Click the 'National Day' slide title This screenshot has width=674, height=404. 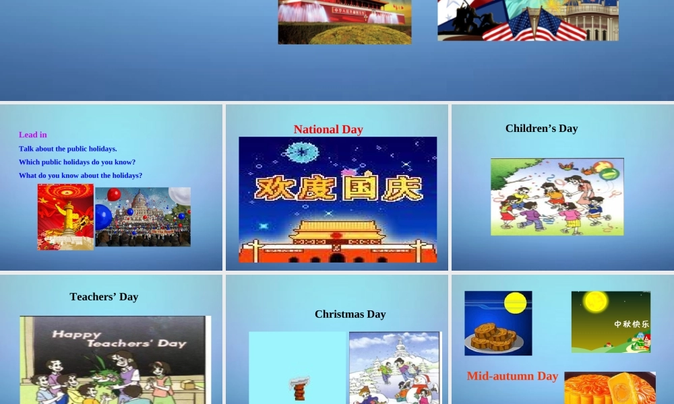tap(328, 129)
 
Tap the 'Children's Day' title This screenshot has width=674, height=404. tap(541, 128)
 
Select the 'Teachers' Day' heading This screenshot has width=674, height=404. tap(104, 296)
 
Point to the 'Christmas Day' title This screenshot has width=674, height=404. tap(350, 314)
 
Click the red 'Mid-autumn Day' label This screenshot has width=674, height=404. tap(512, 376)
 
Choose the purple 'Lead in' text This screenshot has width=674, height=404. tap(33, 135)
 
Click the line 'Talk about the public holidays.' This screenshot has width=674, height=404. tap(68, 149)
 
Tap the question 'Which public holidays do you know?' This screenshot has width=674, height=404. tap(77, 162)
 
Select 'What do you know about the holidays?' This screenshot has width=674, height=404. tap(80, 176)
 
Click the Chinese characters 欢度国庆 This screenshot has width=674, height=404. tap(338, 188)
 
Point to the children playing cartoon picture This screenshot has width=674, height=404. tap(557, 197)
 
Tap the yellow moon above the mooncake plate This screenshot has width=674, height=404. tap(515, 303)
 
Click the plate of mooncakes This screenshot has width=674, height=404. tap(493, 337)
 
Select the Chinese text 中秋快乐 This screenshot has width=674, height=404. tap(632, 324)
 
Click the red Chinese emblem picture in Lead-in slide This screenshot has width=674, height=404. tap(65, 217)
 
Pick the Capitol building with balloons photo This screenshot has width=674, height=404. tap(143, 217)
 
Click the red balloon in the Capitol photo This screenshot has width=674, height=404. tap(114, 195)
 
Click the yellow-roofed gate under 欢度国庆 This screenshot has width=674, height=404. tap(337, 232)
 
